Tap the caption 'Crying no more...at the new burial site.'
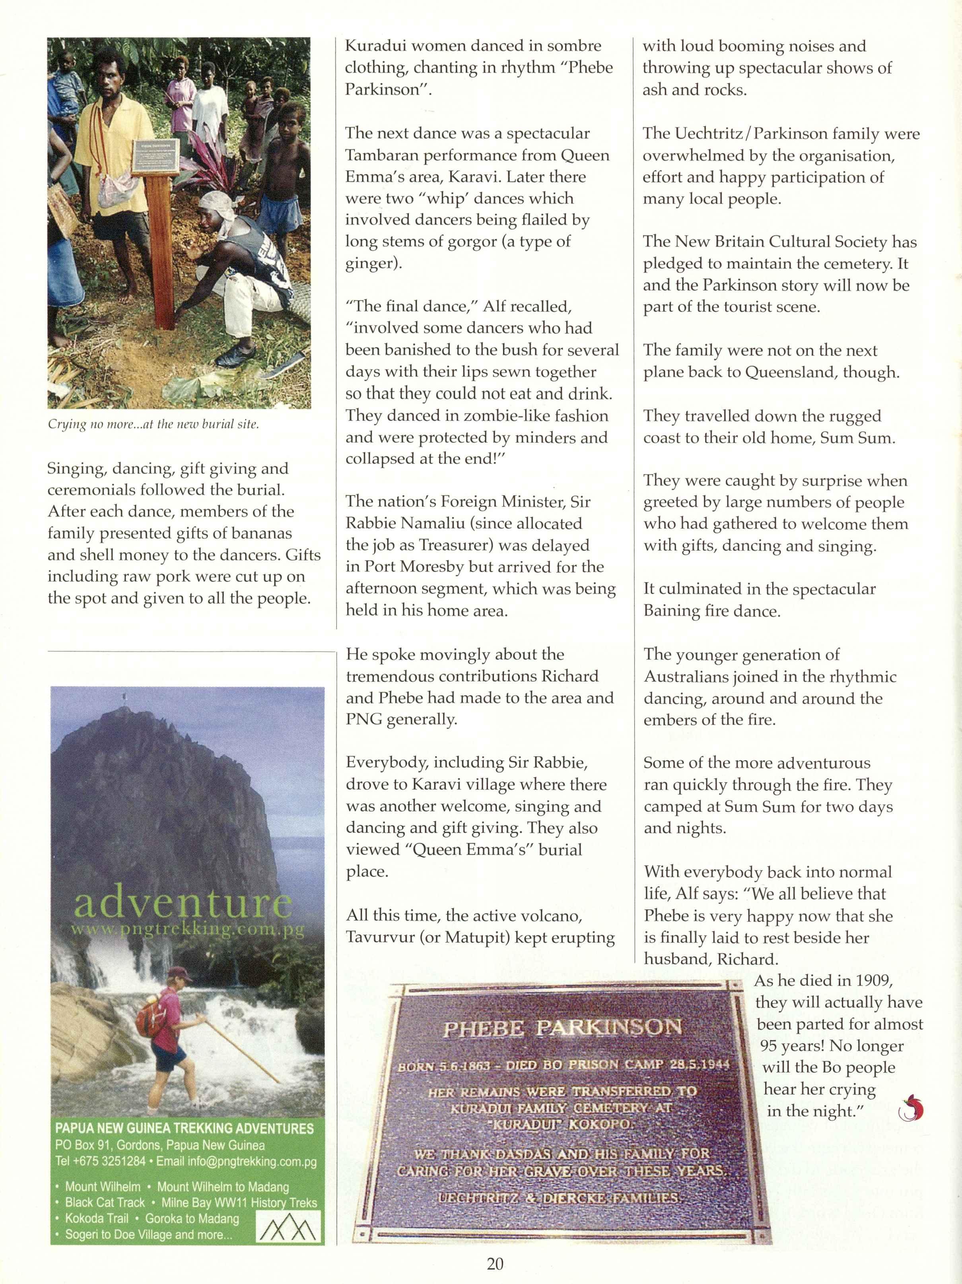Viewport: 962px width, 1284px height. [153, 424]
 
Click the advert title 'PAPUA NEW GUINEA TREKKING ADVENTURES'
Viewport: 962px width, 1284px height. [184, 1129]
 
